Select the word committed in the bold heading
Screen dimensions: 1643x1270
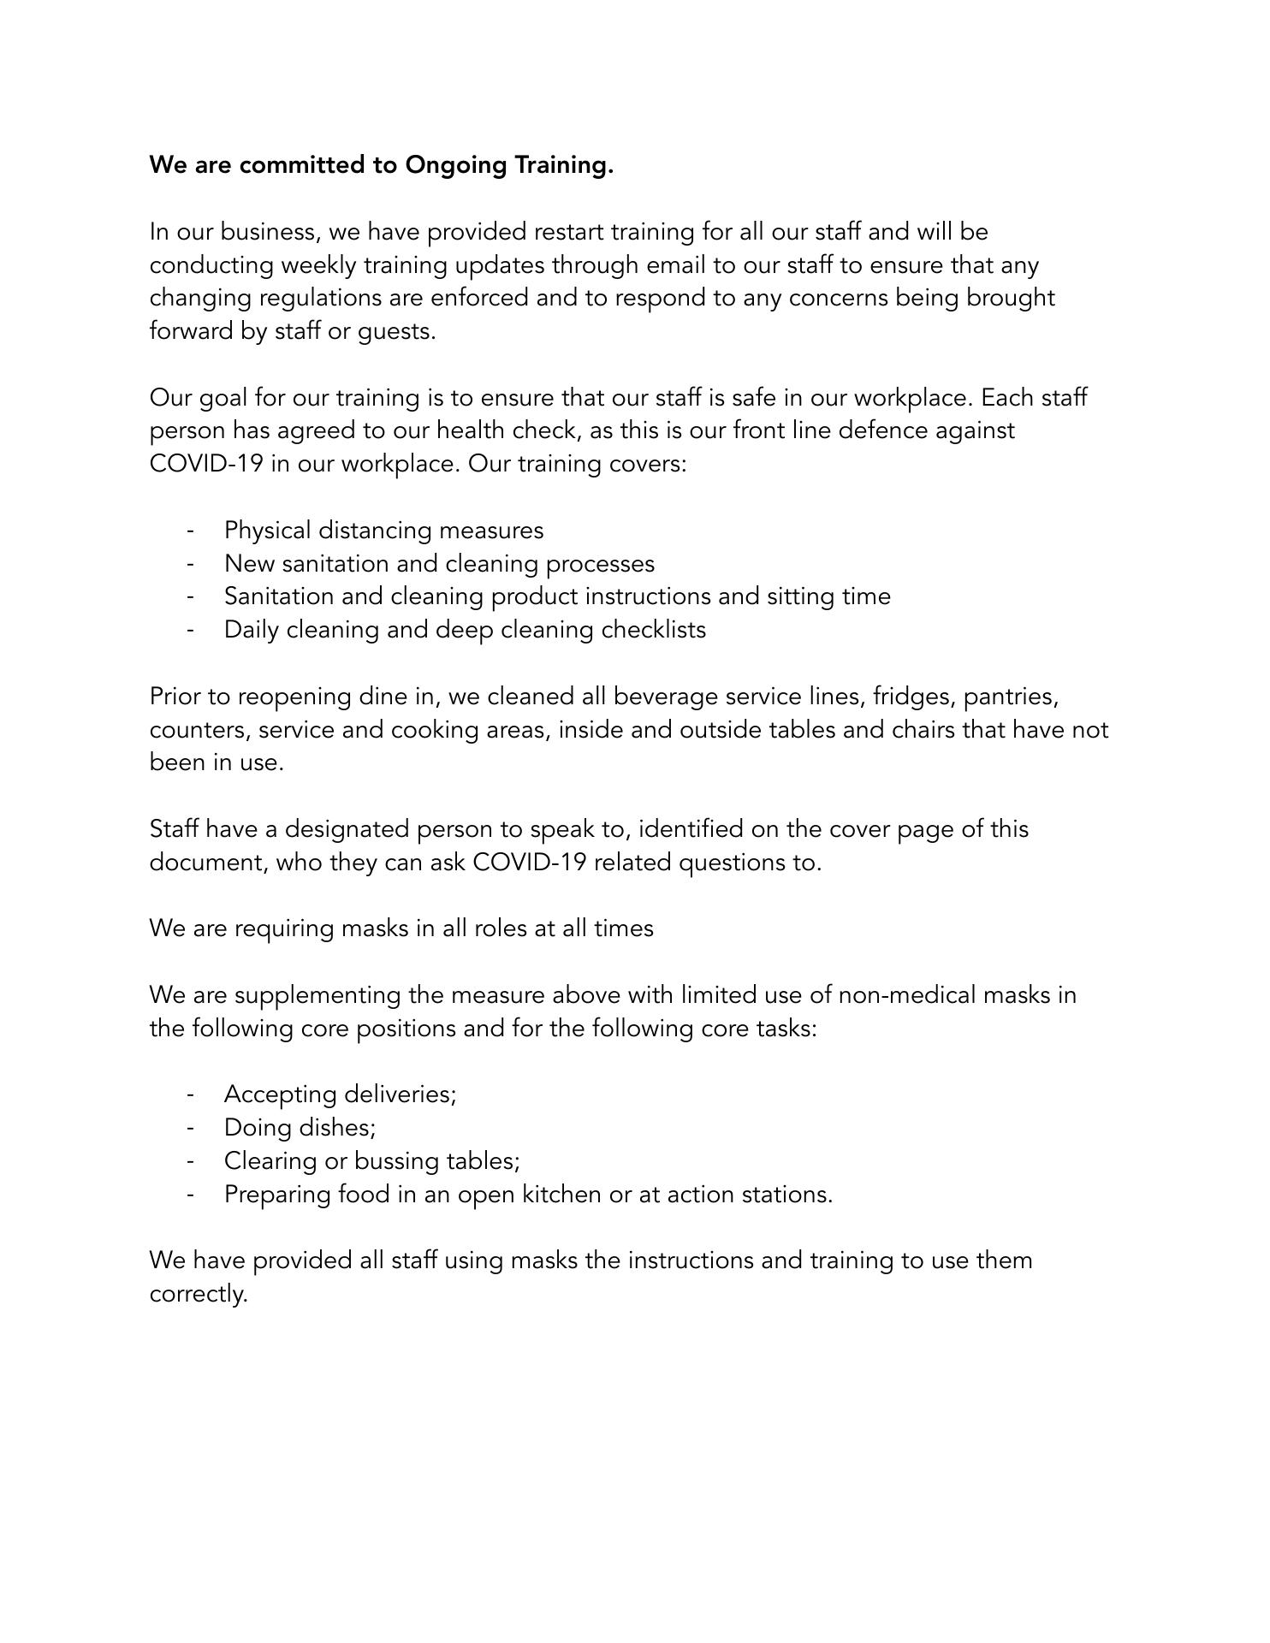point(303,165)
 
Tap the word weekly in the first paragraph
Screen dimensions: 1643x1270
point(318,265)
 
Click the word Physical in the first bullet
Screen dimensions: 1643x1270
point(267,531)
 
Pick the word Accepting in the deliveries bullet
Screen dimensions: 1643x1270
point(280,1095)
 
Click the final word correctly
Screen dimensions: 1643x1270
point(198,1294)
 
